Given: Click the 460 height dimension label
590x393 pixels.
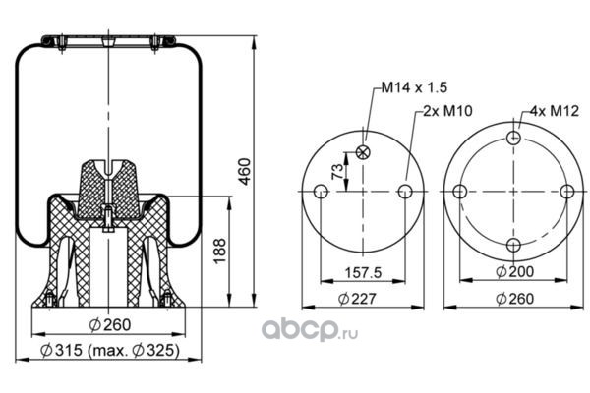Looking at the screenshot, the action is [245, 172].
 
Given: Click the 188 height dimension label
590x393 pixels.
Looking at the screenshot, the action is [219, 251].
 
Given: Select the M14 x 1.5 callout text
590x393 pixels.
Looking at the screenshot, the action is [414, 87].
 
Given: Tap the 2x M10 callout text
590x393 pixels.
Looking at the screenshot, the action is [447, 111].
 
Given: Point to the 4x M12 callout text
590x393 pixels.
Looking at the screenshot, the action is [555, 111].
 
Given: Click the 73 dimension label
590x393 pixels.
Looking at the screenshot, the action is [338, 172].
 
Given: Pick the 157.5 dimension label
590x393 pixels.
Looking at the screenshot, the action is [363, 273].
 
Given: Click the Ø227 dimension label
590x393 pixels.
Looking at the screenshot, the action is [357, 299].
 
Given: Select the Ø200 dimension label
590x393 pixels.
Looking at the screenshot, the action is [514, 271].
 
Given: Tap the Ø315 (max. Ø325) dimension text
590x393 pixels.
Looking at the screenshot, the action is [109, 350].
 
